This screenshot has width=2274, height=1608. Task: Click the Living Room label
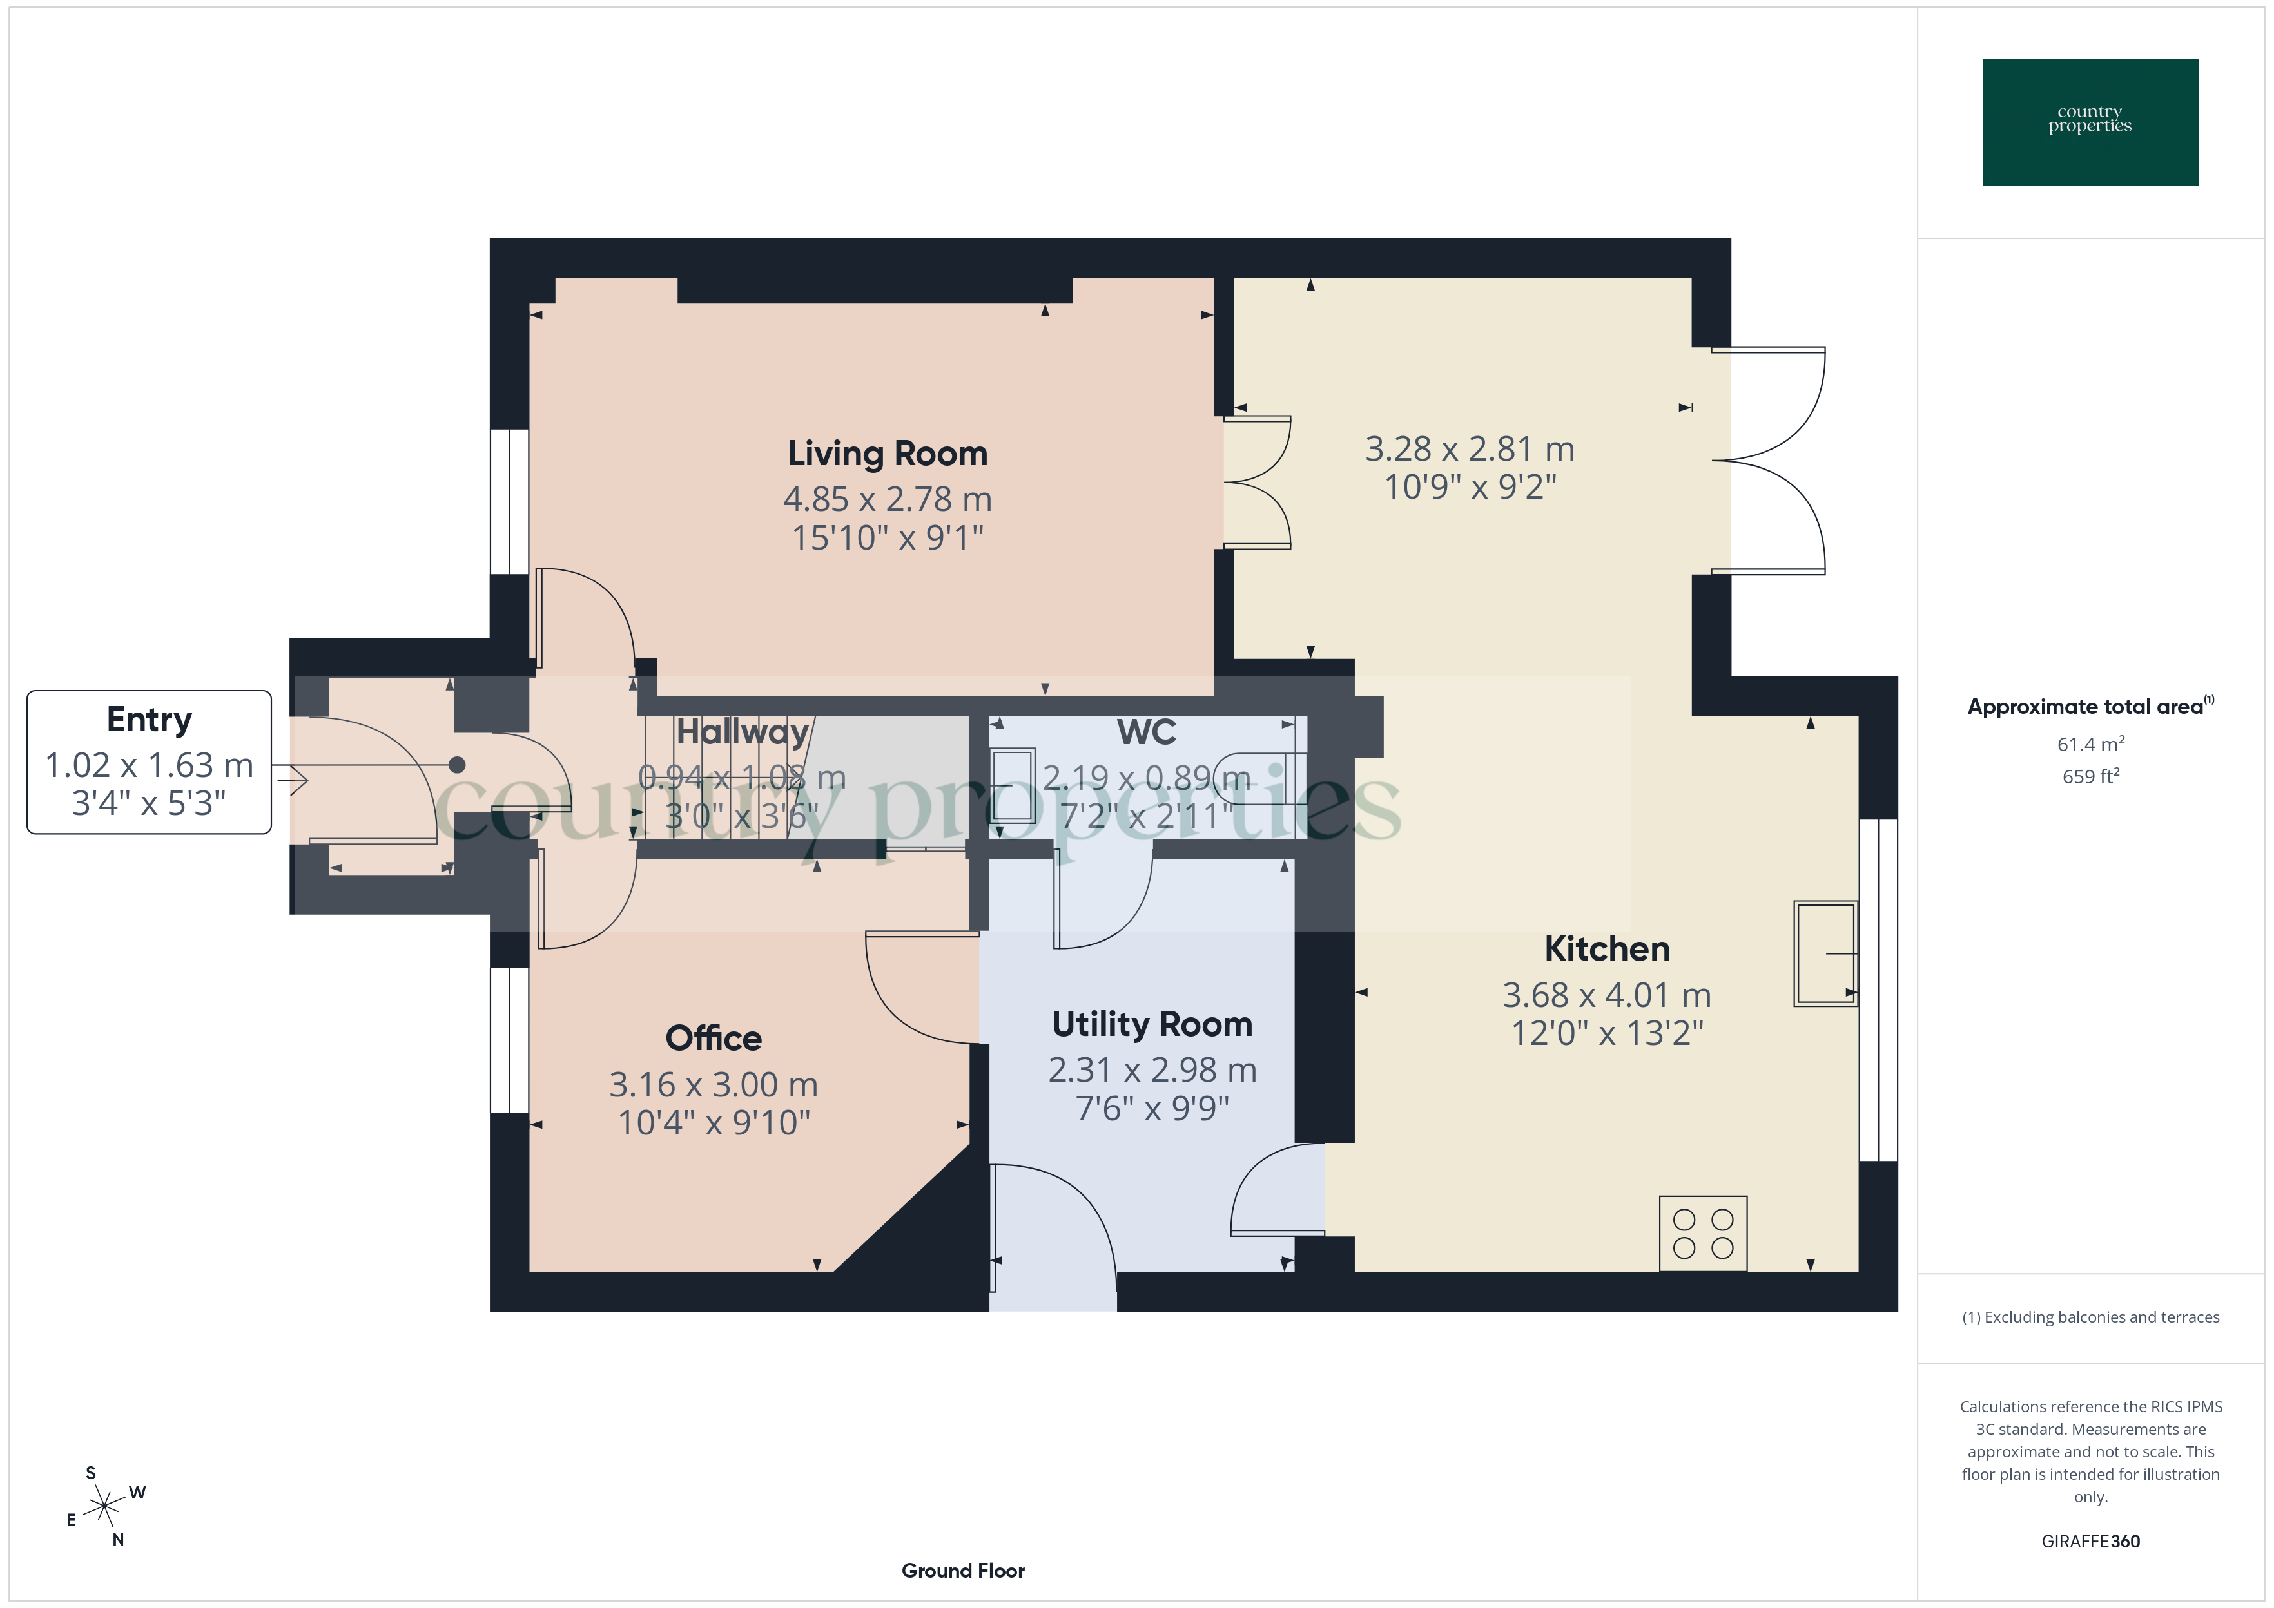pos(888,454)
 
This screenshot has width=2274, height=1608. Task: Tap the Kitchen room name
pos(1606,948)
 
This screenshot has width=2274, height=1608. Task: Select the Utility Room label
pos(1152,1024)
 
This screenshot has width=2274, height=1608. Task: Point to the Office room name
pos(713,1038)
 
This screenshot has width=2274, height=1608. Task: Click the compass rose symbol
pos(104,1507)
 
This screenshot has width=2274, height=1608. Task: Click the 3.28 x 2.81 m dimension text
pos(1470,450)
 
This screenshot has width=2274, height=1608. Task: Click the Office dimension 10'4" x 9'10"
pos(713,1123)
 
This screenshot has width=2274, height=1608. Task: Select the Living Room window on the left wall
pos(509,501)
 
